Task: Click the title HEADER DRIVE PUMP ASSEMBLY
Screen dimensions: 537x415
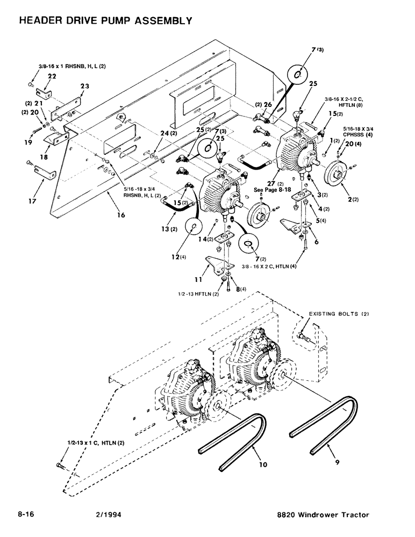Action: coord(105,21)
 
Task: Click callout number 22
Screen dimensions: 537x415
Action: coord(52,77)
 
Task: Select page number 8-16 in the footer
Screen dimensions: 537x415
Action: coord(28,515)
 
